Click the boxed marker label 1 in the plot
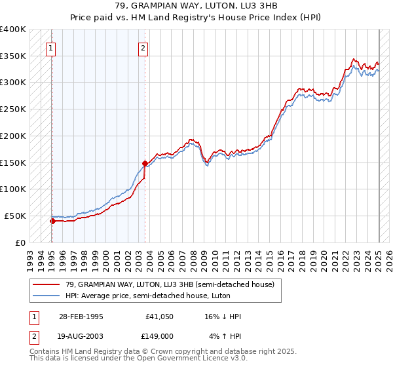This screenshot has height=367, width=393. [x=50, y=47]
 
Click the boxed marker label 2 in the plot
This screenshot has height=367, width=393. [x=143, y=47]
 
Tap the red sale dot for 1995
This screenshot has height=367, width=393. [x=52, y=221]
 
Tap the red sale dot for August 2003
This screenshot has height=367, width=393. [x=145, y=163]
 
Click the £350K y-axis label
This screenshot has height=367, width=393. [x=14, y=56]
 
